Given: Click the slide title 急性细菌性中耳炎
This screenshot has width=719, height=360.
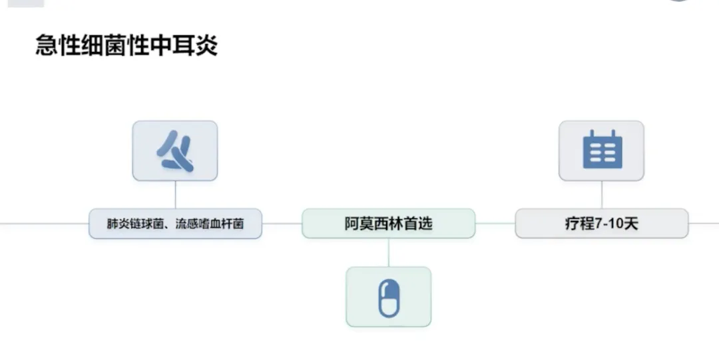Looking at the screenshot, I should pyautogui.click(x=126, y=47).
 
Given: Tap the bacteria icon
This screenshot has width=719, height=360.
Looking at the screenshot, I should pyautogui.click(x=175, y=151).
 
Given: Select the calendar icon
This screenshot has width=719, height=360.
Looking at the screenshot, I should pyautogui.click(x=602, y=150).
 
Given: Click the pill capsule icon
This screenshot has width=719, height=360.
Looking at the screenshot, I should pyautogui.click(x=389, y=297).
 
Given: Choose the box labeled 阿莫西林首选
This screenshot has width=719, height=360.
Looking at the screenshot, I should pyautogui.click(x=389, y=224).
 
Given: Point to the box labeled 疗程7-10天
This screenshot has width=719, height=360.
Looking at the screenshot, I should pyautogui.click(x=601, y=224).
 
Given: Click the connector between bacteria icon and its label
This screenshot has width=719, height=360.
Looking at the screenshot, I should pyautogui.click(x=175, y=194).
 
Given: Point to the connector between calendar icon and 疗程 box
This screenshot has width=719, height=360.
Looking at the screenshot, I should pyautogui.click(x=602, y=194).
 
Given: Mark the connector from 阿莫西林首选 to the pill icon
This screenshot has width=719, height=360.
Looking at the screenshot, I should pyautogui.click(x=389, y=252).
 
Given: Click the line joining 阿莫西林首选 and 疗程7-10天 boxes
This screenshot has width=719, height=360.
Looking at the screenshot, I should pyautogui.click(x=495, y=224).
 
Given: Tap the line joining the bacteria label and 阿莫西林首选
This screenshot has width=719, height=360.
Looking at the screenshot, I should pyautogui.click(x=282, y=224).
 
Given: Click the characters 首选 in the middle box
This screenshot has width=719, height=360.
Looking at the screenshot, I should pyautogui.click(x=418, y=224).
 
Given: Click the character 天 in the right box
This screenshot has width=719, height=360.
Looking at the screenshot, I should pyautogui.click(x=631, y=224).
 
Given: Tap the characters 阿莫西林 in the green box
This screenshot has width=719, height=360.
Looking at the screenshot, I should pyautogui.click(x=373, y=224).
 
